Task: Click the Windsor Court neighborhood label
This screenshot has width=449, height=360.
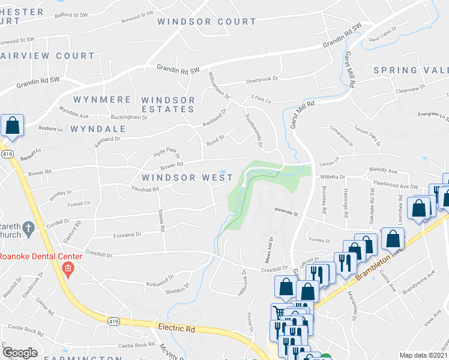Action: (x=206, y=22)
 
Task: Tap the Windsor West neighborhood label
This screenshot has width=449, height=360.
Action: (x=187, y=178)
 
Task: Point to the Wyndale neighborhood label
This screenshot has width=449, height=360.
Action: (x=98, y=129)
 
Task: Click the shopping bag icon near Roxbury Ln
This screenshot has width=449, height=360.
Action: (x=12, y=126)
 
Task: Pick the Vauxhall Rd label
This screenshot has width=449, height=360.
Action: (x=145, y=188)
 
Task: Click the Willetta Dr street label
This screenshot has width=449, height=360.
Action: (x=333, y=177)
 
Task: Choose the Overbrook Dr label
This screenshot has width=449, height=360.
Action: (x=263, y=79)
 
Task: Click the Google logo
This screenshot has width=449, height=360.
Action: (x=20, y=353)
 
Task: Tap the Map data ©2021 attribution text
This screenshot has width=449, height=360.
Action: (x=423, y=355)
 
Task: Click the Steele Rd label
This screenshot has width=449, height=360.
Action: (x=161, y=220)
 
